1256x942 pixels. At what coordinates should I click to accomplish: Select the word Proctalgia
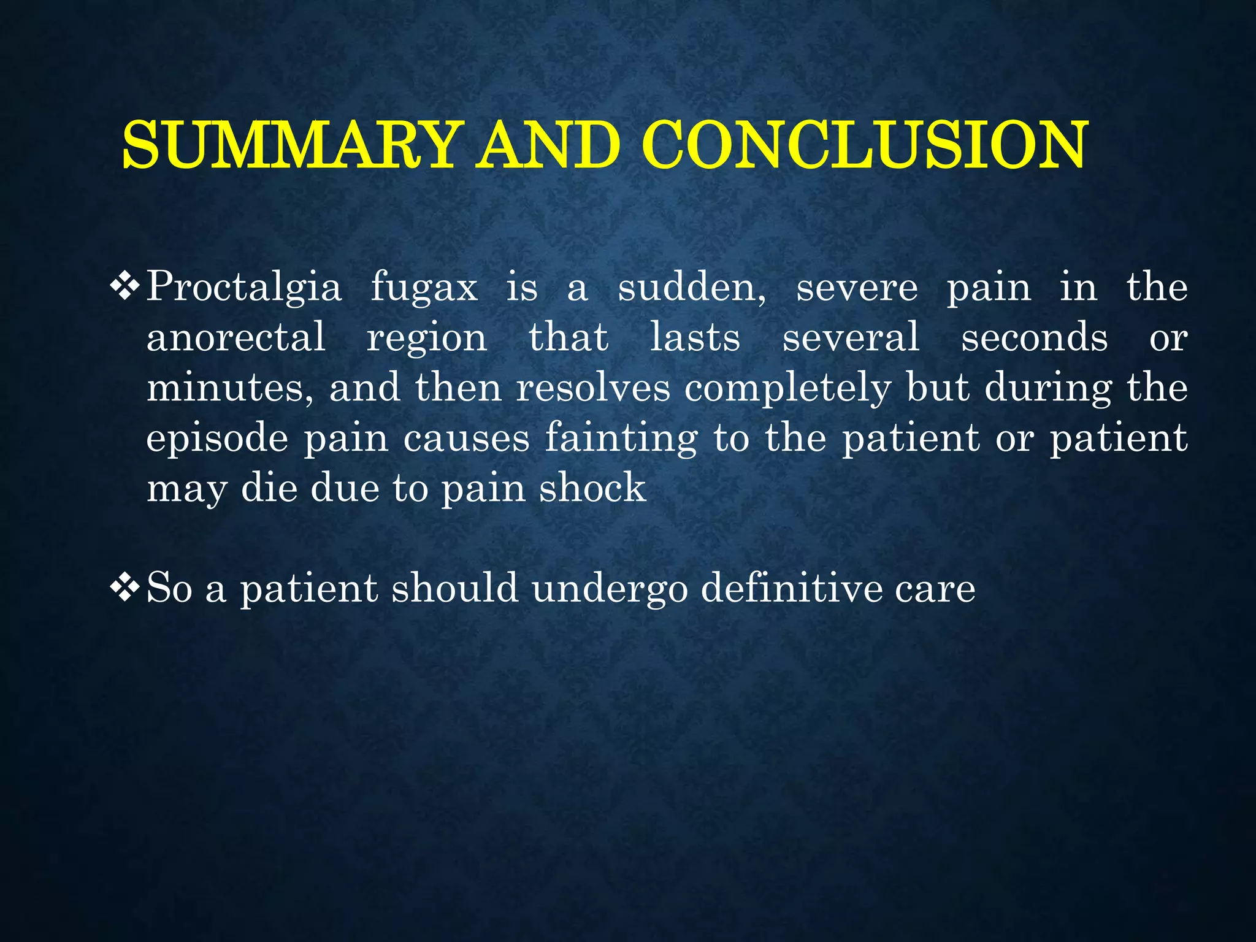pyautogui.click(x=243, y=287)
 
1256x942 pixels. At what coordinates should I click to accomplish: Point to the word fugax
pyautogui.click(x=424, y=287)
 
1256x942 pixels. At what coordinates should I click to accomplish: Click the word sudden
pyautogui.click(x=691, y=287)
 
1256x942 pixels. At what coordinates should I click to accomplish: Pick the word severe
pyautogui.click(x=857, y=287)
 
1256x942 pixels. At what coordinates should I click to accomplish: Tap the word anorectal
pyautogui.click(x=236, y=337)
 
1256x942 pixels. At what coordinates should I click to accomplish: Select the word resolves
pyautogui.click(x=593, y=388)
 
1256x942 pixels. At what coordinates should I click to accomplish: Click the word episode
pyautogui.click(x=217, y=439)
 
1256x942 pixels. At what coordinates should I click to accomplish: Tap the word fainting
pyautogui.click(x=621, y=439)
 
